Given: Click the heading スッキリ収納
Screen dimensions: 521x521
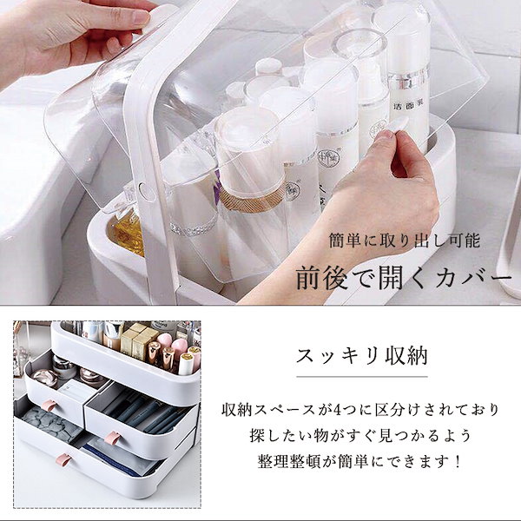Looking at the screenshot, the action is click(361, 356).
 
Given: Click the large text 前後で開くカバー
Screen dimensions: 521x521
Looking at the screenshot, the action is click(404, 279).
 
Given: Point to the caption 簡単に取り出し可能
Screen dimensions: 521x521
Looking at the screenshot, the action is click(405, 240).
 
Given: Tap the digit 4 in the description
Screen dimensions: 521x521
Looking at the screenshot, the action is click(338, 410).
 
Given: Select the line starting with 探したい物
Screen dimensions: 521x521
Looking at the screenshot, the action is click(360, 436).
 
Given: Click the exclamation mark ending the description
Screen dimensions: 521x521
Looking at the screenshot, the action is click(458, 461).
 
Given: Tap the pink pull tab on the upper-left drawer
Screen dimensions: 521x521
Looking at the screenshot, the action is click(51, 406).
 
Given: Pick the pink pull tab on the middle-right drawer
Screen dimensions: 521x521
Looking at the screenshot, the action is click(112, 438).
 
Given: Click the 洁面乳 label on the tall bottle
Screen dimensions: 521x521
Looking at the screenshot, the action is click(407, 108).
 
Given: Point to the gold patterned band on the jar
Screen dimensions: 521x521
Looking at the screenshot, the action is click(252, 199).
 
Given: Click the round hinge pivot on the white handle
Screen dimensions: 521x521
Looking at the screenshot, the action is click(144, 189).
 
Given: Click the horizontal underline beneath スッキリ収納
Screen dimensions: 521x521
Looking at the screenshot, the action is click(361, 377).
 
